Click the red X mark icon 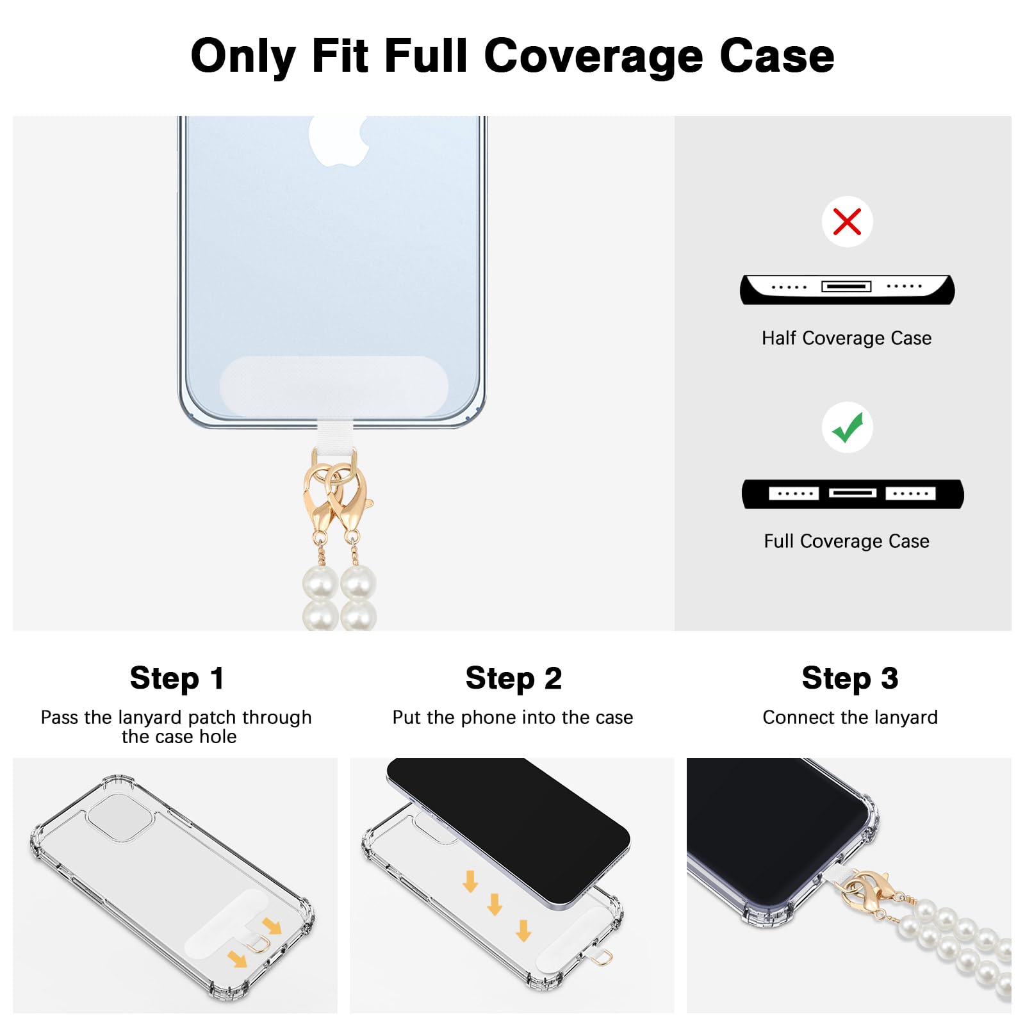[x=847, y=222]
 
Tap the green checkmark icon [x=848, y=427]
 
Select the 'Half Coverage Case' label [x=846, y=338]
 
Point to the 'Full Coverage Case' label [x=846, y=541]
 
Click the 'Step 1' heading [x=177, y=678]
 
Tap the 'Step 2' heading [x=513, y=678]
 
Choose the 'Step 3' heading [x=849, y=678]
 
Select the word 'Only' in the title [x=243, y=57]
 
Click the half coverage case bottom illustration [x=847, y=290]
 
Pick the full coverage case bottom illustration [x=853, y=494]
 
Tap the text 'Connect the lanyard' [x=849, y=717]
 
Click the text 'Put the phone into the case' [x=512, y=717]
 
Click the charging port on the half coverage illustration [x=846, y=286]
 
